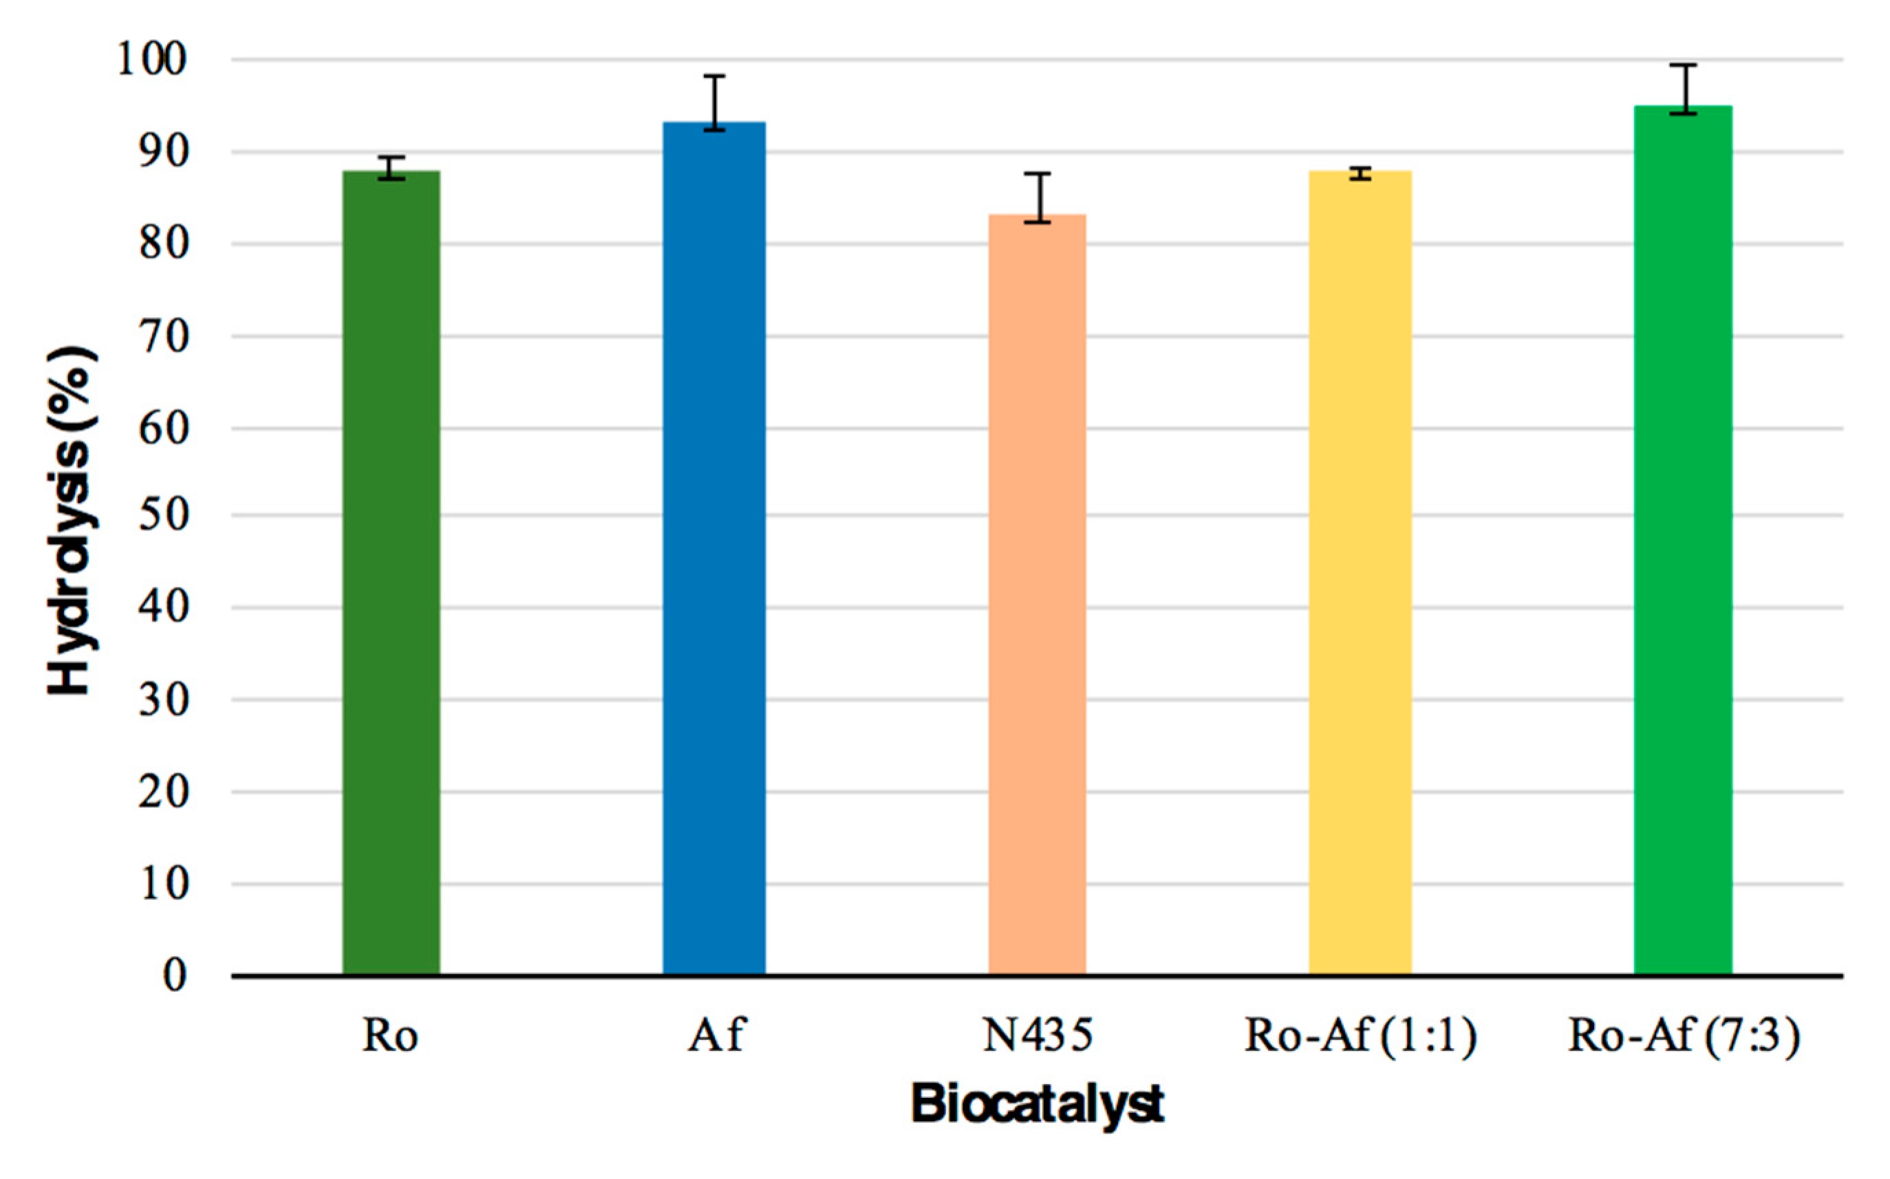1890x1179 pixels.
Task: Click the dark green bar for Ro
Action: coord(391,573)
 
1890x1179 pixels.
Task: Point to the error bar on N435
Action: coord(1037,197)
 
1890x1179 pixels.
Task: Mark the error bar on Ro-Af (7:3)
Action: coord(1683,88)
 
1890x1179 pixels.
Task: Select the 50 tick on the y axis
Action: coord(164,515)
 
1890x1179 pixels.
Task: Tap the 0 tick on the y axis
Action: coord(175,975)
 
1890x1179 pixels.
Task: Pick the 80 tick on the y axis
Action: coord(164,244)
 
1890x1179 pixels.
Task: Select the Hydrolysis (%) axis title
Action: coord(72,521)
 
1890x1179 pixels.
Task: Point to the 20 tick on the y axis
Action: coord(164,792)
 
